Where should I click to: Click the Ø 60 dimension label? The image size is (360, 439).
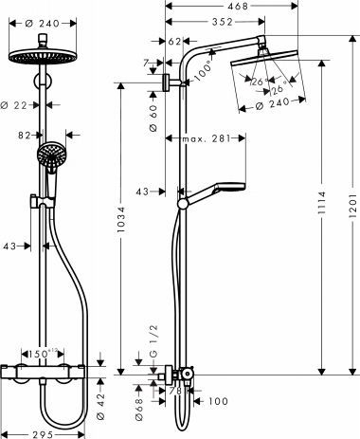tap(153, 114)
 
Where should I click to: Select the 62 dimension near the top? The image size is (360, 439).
tap(174, 42)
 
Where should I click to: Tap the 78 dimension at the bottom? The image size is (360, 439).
tap(174, 388)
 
